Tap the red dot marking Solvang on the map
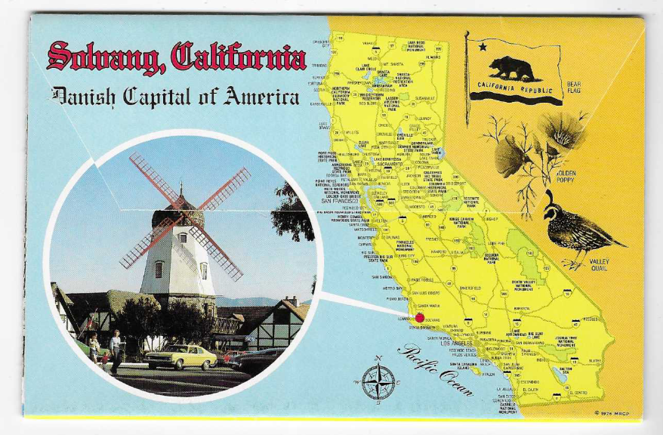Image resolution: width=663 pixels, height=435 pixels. (420, 318)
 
